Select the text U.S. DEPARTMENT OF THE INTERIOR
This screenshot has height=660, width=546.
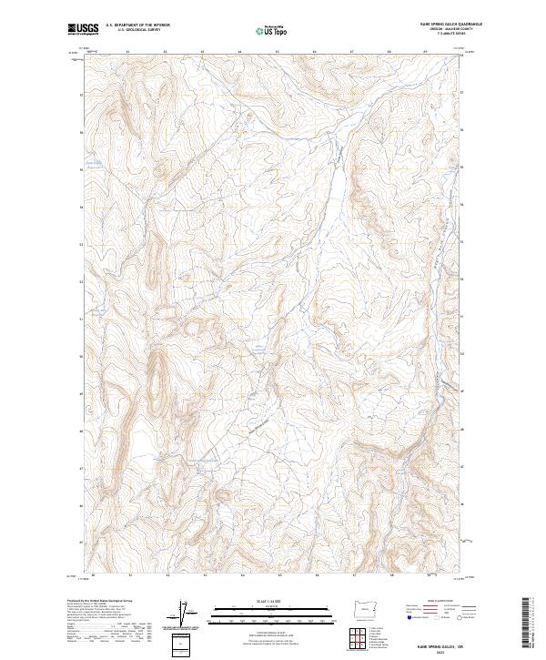[137, 25]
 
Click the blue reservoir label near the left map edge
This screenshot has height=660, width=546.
[93, 164]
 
